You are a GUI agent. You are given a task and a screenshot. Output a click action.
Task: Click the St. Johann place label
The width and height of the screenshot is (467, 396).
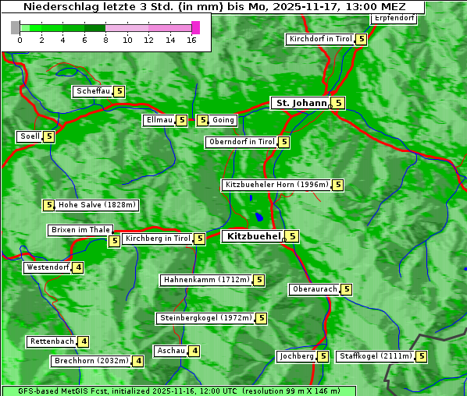[300, 103]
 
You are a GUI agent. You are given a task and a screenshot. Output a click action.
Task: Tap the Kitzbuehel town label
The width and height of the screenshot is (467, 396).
[252, 236]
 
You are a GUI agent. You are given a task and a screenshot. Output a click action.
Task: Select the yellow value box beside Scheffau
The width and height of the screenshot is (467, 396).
[119, 91]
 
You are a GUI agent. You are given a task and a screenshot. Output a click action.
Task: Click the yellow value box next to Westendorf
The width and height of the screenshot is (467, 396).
[77, 267]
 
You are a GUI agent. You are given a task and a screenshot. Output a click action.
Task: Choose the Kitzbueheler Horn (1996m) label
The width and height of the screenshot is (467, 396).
[276, 185]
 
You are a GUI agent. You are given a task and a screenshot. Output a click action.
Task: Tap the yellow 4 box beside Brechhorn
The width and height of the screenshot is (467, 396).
[137, 361]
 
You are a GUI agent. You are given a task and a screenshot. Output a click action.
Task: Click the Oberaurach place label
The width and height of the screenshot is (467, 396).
[314, 289]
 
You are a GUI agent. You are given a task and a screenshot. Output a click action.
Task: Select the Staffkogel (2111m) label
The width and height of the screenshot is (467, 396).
[375, 356]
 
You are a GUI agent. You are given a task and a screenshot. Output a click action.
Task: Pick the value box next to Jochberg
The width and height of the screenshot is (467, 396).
[323, 356]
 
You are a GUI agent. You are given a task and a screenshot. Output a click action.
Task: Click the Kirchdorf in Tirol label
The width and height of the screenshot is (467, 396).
[320, 39]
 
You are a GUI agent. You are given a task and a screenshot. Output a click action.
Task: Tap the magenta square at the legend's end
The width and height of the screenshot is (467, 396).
[195, 27]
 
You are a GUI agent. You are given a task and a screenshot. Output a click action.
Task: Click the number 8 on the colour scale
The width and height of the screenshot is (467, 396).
[105, 39]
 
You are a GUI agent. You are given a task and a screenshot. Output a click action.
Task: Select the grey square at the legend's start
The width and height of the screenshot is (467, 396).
[16, 27]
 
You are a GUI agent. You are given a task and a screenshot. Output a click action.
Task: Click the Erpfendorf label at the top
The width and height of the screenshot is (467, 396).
[394, 18]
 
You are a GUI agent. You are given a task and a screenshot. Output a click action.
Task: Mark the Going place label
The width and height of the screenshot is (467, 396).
[223, 120]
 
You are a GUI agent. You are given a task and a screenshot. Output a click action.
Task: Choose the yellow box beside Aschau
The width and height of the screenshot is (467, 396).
[194, 351]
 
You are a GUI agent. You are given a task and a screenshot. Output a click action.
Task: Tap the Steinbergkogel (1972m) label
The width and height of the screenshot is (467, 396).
[205, 318]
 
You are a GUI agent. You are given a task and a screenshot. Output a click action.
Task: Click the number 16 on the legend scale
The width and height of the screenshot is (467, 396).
[191, 39]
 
